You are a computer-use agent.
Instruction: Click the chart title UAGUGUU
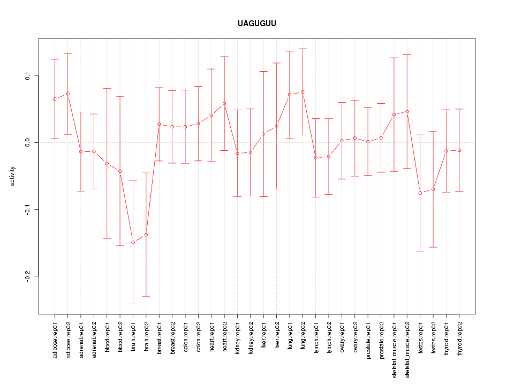point(257,24)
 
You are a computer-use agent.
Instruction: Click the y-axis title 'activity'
point(12,176)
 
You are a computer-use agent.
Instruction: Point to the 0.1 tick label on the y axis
point(27,76)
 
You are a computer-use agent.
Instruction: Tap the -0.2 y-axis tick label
point(27,276)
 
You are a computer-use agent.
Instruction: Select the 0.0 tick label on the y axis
point(27,142)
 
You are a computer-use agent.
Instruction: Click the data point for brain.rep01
point(133,242)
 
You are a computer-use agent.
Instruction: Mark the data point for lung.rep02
point(303,92)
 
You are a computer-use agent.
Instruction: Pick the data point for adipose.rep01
point(55,99)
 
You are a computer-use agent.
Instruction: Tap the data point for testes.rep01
point(420,193)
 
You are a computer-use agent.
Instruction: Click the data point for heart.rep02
point(224,104)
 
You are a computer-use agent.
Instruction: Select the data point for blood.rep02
point(120,171)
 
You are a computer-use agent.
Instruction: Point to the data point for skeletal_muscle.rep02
point(407,112)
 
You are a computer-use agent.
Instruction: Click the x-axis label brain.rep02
point(146,335)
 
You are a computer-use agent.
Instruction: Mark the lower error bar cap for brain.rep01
point(133,304)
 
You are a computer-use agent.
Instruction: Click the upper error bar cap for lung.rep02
point(303,49)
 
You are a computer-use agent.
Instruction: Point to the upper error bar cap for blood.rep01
point(107,88)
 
